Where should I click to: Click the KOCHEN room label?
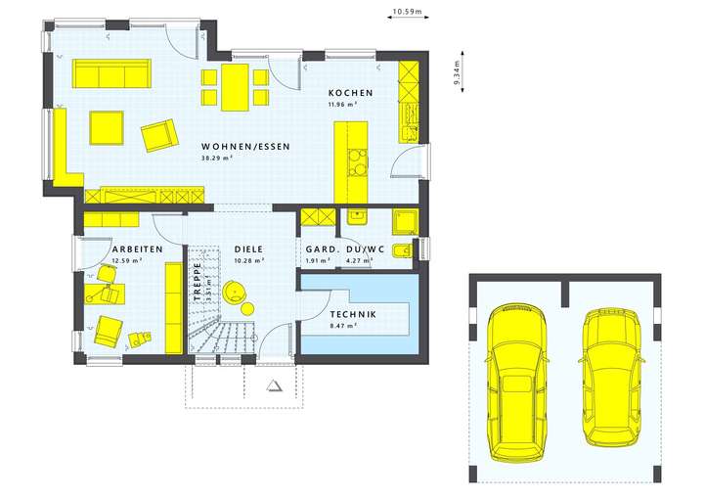point(350,93)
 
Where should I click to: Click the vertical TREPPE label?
point(197,278)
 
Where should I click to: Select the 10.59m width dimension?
point(405,13)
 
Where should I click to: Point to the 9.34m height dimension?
point(457,72)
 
